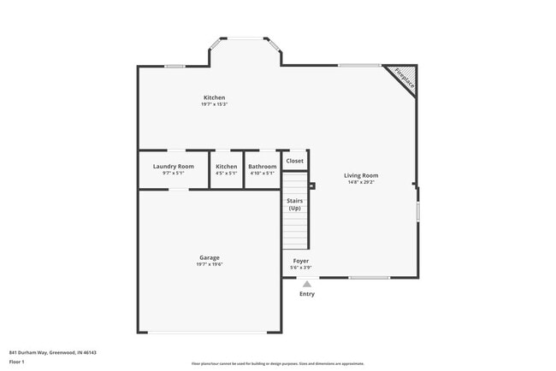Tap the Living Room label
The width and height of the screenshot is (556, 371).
(x=363, y=175)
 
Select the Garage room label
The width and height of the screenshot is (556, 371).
(x=210, y=257)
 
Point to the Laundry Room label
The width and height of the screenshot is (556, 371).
(x=174, y=166)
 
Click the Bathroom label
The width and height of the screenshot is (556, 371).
(x=262, y=166)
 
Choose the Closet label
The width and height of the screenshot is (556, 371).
(x=294, y=161)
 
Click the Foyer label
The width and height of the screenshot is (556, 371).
(x=301, y=260)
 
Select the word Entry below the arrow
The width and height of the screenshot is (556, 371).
(x=306, y=294)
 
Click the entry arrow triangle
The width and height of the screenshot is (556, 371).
(x=306, y=284)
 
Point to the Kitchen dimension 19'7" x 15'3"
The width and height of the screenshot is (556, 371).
(x=214, y=104)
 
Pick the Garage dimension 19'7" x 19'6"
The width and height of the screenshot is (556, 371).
(x=210, y=264)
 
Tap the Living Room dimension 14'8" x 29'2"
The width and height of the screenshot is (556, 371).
(x=363, y=182)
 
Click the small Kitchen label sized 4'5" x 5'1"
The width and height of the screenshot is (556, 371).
(x=226, y=166)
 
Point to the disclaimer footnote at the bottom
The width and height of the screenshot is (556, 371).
(x=277, y=363)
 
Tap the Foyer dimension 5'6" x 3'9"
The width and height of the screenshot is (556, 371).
(x=301, y=267)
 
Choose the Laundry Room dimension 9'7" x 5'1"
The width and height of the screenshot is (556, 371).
(x=174, y=173)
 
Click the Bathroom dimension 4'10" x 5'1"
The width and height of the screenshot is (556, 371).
(x=262, y=173)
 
